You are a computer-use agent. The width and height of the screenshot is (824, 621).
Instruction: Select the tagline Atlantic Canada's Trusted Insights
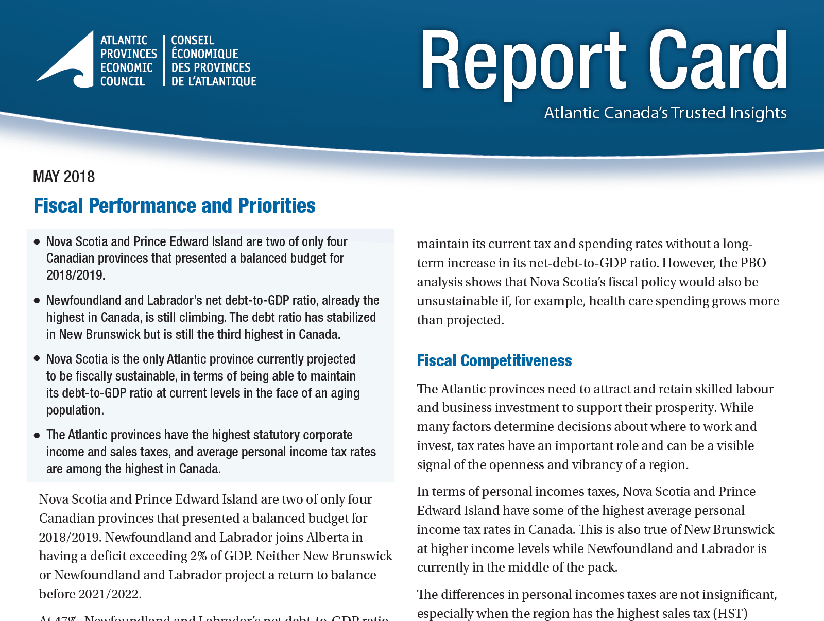665,113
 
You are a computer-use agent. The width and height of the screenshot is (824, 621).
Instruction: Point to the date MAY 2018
64,177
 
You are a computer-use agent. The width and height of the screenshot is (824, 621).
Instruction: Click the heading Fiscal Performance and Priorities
174,205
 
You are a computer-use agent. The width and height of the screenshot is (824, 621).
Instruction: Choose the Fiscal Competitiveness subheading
494,360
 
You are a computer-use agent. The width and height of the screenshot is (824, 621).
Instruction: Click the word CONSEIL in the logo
193,40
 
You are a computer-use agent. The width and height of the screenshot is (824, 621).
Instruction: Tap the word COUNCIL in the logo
123,81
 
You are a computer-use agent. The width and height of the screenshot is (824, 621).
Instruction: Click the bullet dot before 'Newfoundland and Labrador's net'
37,300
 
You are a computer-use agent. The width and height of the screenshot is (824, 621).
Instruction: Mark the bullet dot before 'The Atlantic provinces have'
37,435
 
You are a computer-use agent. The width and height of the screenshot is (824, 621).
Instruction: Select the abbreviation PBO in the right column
753,263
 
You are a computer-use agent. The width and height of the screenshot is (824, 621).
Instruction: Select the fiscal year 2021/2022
109,594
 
